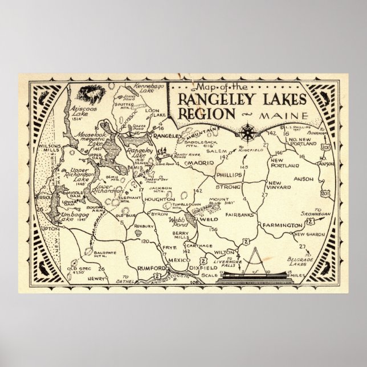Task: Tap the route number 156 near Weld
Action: (x=198, y=230)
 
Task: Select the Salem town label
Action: (x=215, y=150)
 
